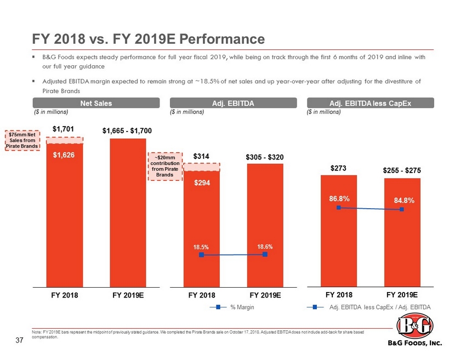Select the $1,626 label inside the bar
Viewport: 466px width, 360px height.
(64, 156)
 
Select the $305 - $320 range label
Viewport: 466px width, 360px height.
(264, 157)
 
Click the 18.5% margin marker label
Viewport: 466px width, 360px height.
(201, 247)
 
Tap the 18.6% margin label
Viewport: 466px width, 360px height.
(264, 247)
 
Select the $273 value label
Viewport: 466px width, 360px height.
(338, 169)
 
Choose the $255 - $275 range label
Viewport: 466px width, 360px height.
(402, 172)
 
